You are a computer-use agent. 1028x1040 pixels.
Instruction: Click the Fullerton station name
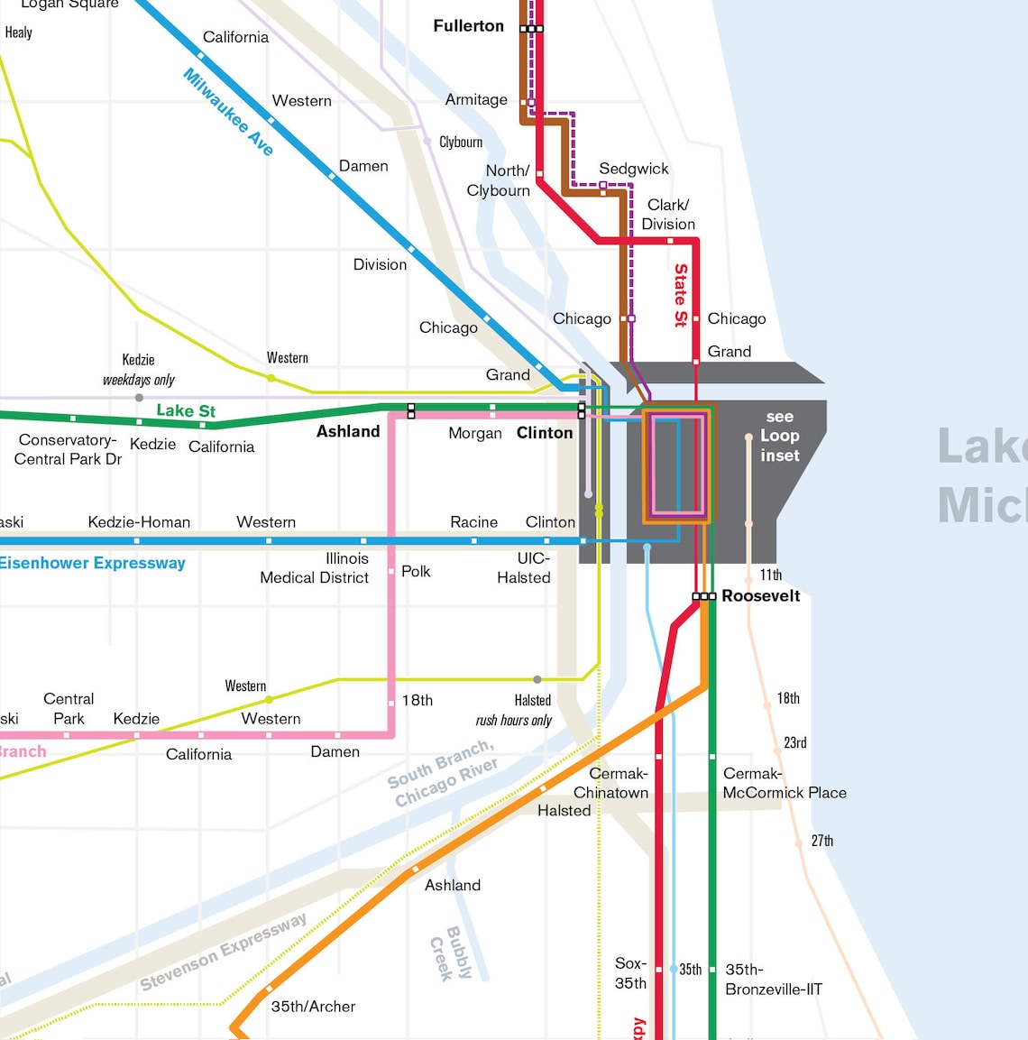(468, 26)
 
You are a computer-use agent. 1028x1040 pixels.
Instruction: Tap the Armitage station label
(476, 100)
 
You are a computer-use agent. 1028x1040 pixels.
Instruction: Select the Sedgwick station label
(633, 169)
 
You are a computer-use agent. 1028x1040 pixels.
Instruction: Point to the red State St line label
(681, 294)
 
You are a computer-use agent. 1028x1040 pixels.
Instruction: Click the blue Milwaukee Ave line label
(228, 112)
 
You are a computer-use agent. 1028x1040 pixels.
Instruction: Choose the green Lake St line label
(186, 411)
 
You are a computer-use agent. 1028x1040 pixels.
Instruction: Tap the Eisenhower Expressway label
(92, 564)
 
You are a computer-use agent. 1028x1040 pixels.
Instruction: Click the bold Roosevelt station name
(760, 596)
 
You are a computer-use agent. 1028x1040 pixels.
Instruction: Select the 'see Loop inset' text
(779, 437)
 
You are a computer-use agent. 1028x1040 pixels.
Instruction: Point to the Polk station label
(416, 572)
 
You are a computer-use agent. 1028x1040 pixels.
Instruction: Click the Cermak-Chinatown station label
(611, 783)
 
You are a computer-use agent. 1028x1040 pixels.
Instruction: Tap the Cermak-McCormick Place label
(784, 783)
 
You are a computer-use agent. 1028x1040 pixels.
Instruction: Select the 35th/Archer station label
(313, 1007)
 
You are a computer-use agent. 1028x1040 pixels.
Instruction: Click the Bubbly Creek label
(451, 953)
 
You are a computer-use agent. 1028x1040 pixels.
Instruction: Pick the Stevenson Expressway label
(223, 953)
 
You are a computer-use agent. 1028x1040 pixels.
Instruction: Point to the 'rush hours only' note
(513, 721)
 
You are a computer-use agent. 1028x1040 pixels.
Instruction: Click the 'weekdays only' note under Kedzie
(138, 380)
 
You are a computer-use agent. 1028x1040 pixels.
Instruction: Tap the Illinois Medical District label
(315, 568)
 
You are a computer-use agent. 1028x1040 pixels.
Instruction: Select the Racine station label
(473, 522)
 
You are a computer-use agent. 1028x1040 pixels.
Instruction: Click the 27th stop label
(821, 841)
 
